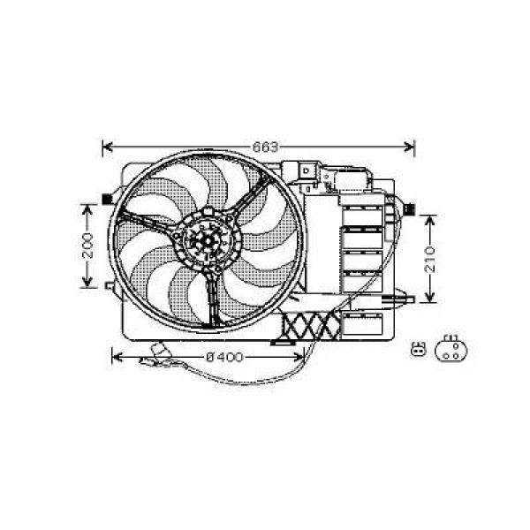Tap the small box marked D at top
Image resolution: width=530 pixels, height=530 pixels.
[x=305, y=169]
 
